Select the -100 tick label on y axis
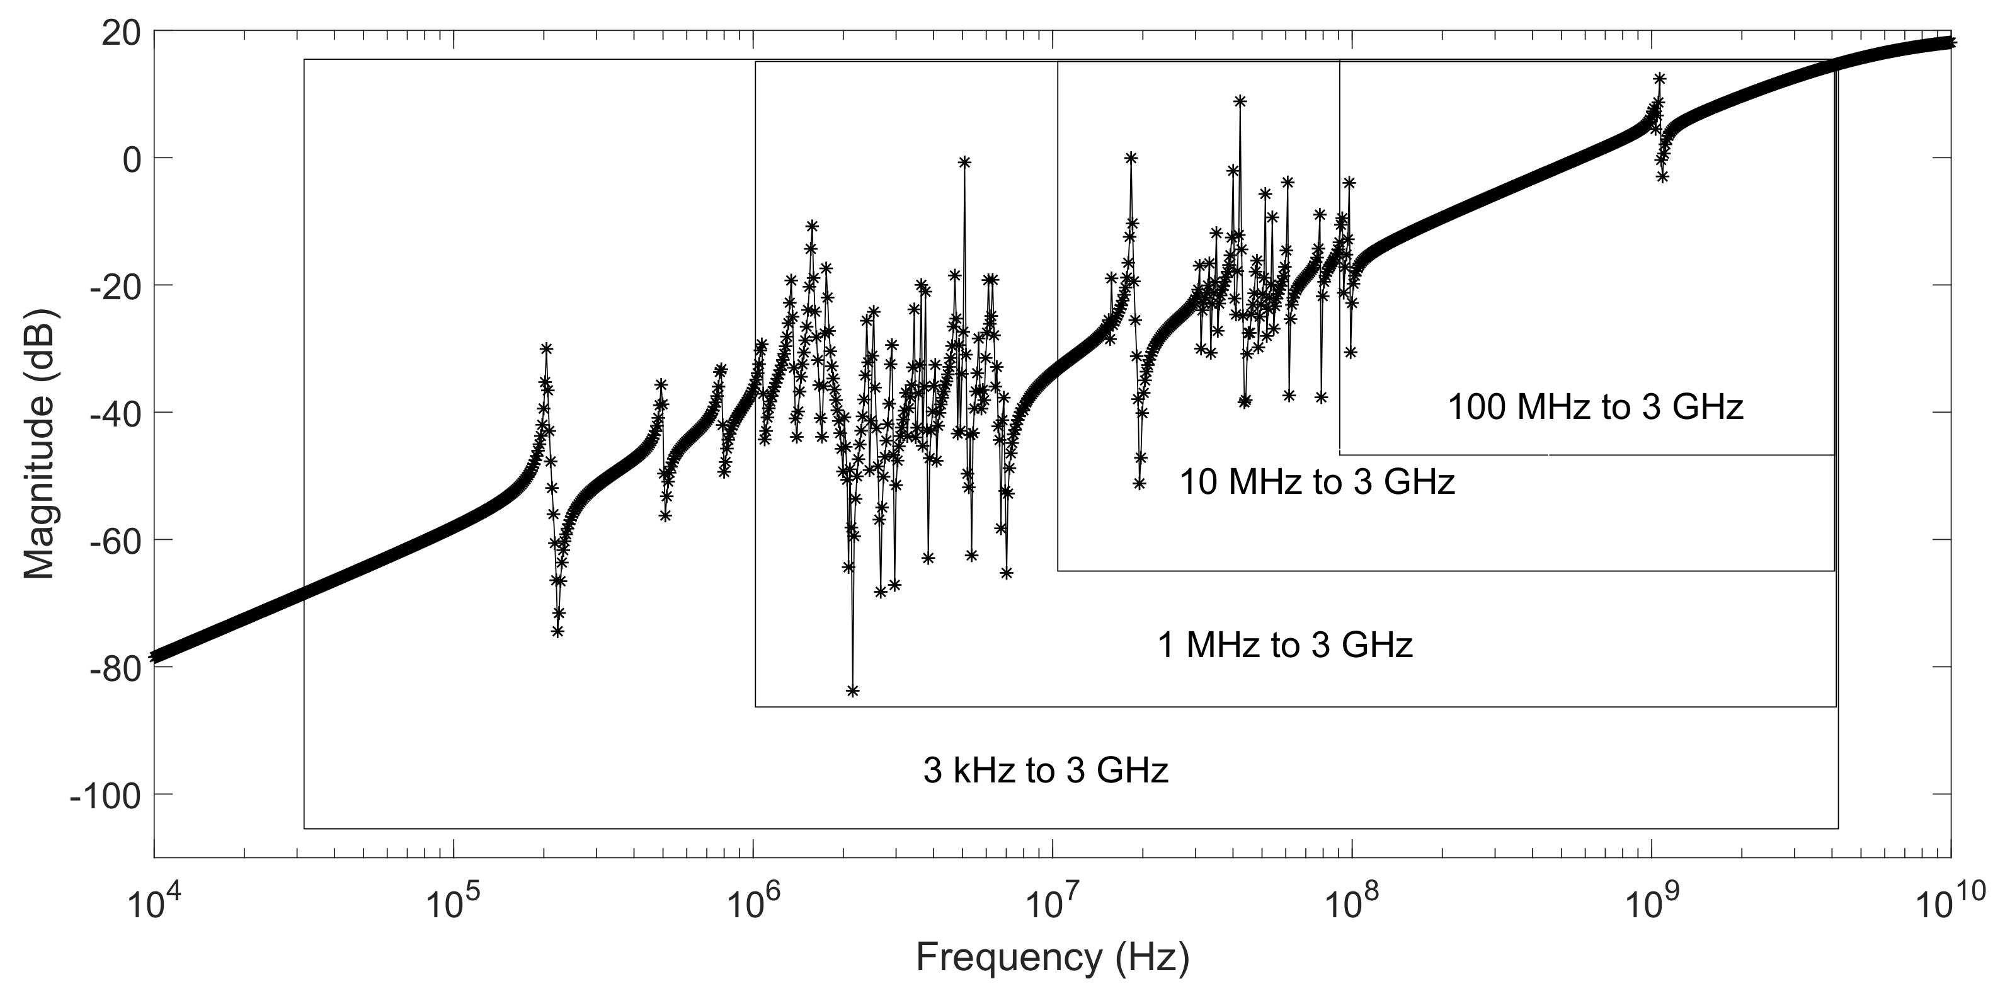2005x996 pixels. [105, 795]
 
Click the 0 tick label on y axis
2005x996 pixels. [129, 159]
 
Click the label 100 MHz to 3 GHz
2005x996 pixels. [1596, 408]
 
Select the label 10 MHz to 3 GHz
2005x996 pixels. [1317, 483]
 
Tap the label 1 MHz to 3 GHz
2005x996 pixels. [1285, 646]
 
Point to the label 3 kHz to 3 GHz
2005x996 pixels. [1045, 771]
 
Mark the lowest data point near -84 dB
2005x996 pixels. [852, 691]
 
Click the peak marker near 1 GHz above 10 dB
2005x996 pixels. [1659, 79]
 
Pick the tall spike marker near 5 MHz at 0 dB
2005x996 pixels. [964, 162]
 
